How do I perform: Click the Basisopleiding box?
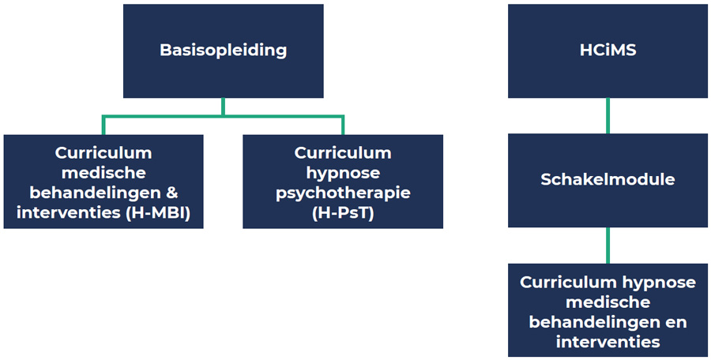click(223, 51)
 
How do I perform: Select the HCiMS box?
click(607, 51)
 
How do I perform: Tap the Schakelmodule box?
click(607, 179)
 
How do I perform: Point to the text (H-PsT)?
click(343, 212)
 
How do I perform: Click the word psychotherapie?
click(343, 193)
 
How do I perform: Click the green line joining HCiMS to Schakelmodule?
click(607, 115)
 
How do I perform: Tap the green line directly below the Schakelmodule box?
click(607, 245)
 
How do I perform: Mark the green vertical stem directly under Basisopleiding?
click(223, 107)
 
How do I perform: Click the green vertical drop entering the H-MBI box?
click(103, 126)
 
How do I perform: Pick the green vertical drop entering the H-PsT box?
click(343, 126)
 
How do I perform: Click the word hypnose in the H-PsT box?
click(343, 172)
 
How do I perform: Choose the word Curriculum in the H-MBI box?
click(103, 152)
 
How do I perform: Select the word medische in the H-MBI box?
click(103, 172)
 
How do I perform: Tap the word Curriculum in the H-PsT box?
click(343, 152)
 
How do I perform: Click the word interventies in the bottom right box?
click(607, 342)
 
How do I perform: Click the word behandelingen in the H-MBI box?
click(93, 193)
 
